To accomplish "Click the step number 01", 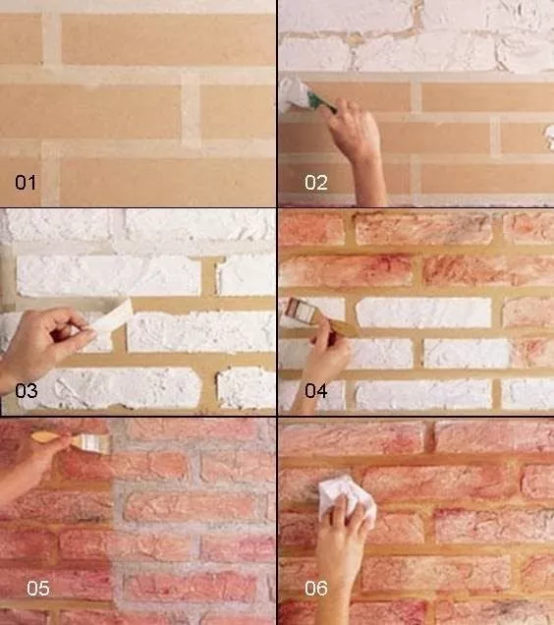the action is [26, 183].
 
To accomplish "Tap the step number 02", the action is [316, 183].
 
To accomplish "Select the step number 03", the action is [27, 391].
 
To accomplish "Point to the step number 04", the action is [316, 391].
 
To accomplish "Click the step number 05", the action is [38, 589].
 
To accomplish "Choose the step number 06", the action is [316, 589].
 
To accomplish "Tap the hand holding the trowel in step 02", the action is [351, 128].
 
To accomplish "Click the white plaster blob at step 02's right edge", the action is [550, 137].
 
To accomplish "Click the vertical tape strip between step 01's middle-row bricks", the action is [191, 111].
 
